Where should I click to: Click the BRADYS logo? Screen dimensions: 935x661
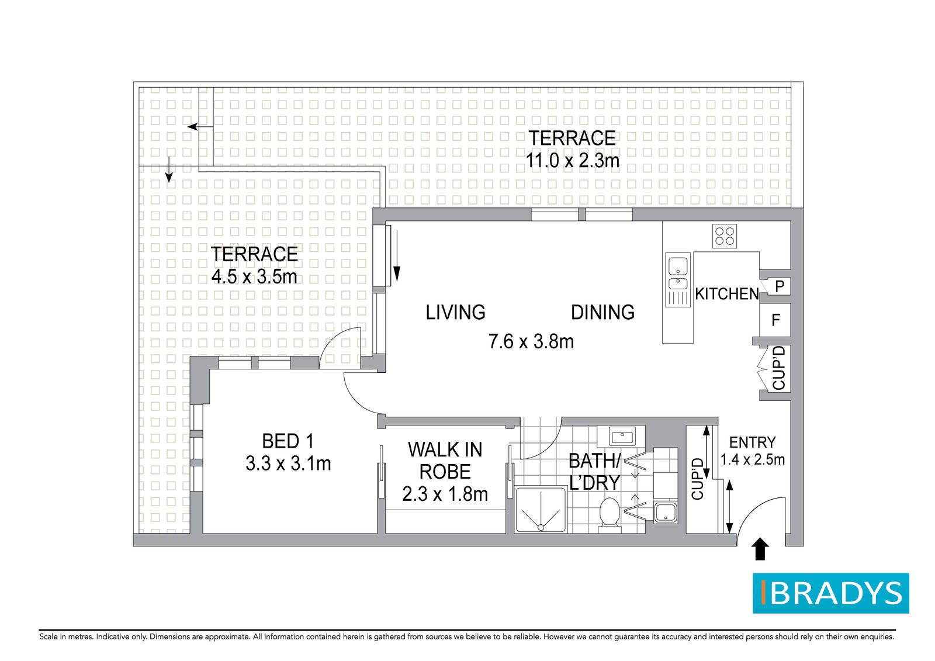(830, 593)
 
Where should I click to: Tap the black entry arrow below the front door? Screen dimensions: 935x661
(760, 549)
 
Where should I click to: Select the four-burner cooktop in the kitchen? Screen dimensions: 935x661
(724, 236)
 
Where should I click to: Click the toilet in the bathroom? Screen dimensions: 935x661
(610, 515)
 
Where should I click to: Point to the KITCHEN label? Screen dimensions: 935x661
(727, 294)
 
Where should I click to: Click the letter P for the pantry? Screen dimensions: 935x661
(780, 286)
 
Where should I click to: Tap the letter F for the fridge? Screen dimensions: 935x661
(775, 320)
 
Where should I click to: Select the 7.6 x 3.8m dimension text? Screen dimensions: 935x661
(531, 342)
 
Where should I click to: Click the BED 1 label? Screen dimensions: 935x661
(288, 441)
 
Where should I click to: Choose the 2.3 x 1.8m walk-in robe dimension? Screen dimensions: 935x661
(445, 494)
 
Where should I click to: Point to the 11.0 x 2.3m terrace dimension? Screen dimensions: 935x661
(572, 161)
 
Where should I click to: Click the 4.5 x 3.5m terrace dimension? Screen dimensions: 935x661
(254, 276)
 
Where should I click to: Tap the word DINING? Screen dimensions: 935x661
(602, 312)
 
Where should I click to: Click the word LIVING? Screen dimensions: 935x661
(455, 312)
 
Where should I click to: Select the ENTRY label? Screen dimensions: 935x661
(752, 442)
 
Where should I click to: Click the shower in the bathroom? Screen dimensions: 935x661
(541, 510)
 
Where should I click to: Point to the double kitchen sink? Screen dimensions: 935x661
(678, 279)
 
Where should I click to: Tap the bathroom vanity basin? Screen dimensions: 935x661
(622, 437)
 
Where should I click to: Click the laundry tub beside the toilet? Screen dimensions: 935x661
(666, 513)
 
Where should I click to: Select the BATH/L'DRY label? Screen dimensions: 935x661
(594, 472)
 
